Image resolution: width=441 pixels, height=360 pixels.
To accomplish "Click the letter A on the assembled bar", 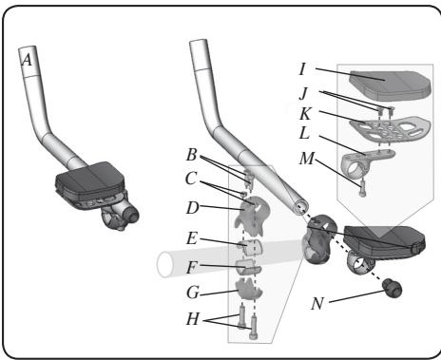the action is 28,60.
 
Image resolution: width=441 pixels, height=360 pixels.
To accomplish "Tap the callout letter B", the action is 192,155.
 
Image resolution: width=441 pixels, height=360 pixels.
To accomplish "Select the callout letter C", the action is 191,179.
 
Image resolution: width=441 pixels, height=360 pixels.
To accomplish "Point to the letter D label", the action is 193,208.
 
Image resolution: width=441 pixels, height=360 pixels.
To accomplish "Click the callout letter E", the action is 192,238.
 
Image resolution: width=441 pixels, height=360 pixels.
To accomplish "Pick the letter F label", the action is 191,268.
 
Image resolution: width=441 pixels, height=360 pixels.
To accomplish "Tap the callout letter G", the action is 193,293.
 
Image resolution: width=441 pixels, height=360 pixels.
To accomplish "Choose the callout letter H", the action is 193,319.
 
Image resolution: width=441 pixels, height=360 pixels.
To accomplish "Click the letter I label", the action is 302,68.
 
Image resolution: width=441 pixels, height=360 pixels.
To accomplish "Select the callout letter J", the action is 303,93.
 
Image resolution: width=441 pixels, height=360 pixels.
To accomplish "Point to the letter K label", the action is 305,114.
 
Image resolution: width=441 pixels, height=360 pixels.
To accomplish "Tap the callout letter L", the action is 304,133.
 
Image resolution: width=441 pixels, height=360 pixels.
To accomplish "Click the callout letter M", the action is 307,159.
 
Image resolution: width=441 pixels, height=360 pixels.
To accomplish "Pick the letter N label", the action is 317,304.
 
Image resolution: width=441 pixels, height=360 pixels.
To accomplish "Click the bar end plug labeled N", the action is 393,288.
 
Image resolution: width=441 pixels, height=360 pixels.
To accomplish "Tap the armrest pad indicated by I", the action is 390,84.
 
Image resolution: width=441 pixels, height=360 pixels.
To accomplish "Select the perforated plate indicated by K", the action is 390,129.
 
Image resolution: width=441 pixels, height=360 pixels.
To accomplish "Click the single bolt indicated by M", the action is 362,189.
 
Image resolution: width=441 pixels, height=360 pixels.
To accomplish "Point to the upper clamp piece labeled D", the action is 252,216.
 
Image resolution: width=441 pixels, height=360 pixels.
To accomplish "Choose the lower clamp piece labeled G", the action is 249,288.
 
